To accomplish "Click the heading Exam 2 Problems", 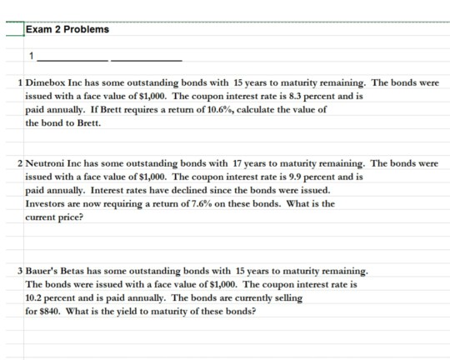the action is pyautogui.click(x=67, y=30).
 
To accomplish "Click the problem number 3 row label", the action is pyautogui.click(x=20, y=272).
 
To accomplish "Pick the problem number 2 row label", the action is pyautogui.click(x=20, y=164).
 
